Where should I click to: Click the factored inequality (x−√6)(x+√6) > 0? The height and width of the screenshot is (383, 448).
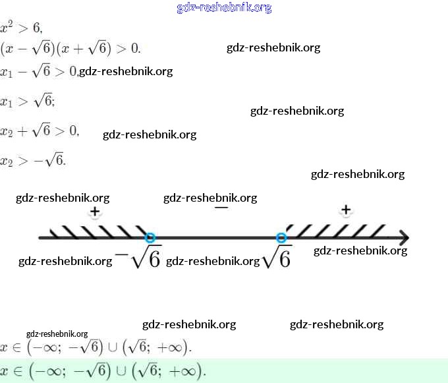tap(70, 48)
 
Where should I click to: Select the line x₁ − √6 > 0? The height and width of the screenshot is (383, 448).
tap(39, 71)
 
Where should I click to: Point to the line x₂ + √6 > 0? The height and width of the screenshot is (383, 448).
tap(40, 131)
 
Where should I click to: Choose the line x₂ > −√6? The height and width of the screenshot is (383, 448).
tap(33, 160)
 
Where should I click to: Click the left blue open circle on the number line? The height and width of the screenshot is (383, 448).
tap(150, 238)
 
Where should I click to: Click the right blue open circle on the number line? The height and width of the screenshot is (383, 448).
tap(282, 238)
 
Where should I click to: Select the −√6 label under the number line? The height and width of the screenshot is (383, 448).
tap(138, 258)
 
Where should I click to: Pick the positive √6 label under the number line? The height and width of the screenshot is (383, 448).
tap(276, 258)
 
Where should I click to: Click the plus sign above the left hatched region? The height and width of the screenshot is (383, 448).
tap(95, 212)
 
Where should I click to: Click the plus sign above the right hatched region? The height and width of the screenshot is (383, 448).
tap(346, 210)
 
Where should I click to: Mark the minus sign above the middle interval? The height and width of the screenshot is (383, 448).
tap(221, 208)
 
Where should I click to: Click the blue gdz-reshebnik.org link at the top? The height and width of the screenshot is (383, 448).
tap(224, 8)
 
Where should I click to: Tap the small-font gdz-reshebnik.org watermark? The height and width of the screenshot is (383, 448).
tap(57, 334)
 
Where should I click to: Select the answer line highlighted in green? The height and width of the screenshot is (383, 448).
tap(103, 370)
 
